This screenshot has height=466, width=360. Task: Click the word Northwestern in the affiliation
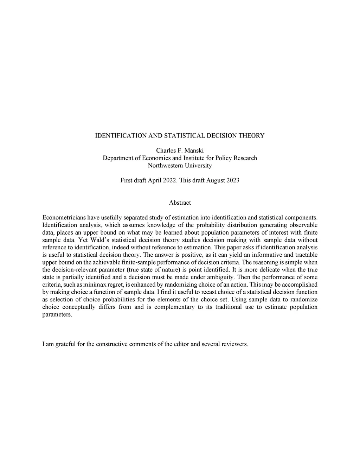pos(164,165)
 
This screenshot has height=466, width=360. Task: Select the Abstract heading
pos(180,203)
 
